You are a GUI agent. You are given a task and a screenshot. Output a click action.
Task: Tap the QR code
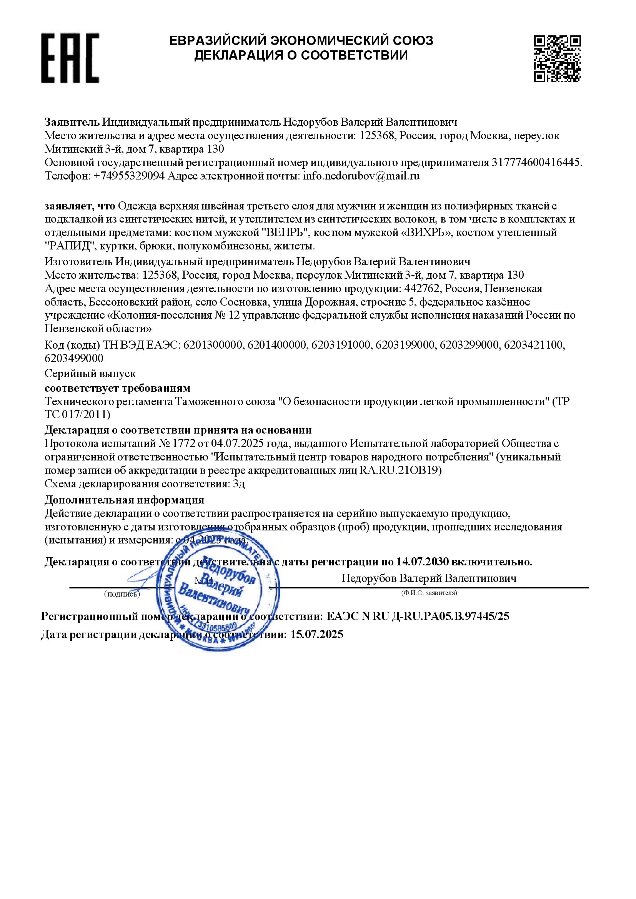tap(557, 58)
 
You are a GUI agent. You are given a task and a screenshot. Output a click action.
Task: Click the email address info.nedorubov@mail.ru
tap(361, 176)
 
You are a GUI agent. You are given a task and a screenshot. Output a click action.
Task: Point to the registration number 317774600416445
tap(535, 163)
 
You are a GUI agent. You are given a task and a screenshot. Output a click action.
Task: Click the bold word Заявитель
tap(72, 122)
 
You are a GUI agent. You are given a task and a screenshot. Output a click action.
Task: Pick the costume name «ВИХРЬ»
tap(428, 233)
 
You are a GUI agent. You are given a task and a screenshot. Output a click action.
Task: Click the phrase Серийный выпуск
tap(90, 374)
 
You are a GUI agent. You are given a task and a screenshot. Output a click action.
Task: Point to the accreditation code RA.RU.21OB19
tap(400, 470)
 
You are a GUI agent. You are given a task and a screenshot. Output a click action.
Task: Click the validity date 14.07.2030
tap(422, 562)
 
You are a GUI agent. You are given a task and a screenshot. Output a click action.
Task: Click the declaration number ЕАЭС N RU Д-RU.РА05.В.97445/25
tap(418, 617)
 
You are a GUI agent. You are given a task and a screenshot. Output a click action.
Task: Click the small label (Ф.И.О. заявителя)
tap(429, 593)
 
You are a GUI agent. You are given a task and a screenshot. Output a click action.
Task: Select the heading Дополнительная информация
tap(124, 500)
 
